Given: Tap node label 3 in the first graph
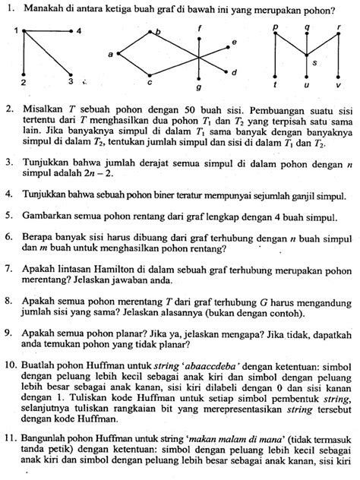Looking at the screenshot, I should [x=70, y=81].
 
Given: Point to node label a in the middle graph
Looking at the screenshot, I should [x=110, y=55].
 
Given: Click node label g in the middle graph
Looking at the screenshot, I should [x=198, y=88].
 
